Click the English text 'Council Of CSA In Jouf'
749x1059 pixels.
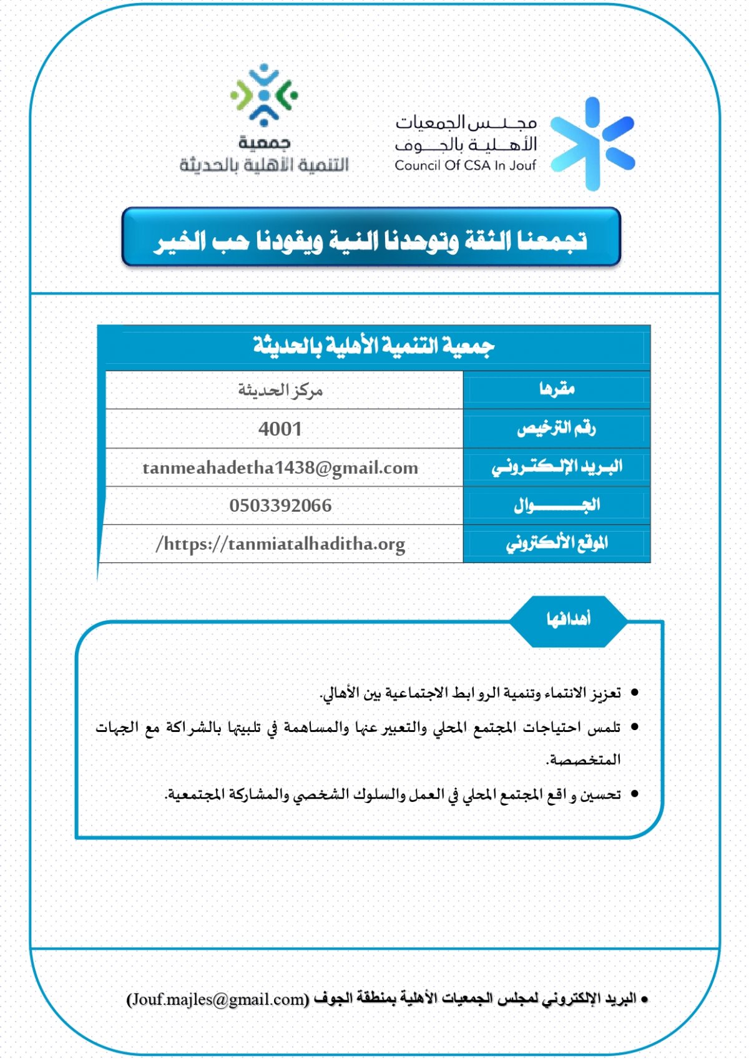point(465,166)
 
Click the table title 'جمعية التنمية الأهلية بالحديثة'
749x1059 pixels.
point(373,346)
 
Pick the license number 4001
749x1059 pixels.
point(280,429)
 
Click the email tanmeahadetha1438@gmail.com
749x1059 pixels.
point(280,468)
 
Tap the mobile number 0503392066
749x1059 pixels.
point(280,505)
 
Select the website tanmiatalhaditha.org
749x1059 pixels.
point(280,544)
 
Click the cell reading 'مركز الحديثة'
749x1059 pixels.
point(280,391)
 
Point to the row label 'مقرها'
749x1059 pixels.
point(557,389)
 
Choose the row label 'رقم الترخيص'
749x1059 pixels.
point(557,428)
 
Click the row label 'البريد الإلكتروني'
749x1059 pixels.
point(557,467)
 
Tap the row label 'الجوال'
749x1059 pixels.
point(557,505)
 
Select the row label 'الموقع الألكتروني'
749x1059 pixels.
point(557,544)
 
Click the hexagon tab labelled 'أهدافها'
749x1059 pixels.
point(568,620)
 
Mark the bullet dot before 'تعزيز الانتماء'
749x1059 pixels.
point(635,693)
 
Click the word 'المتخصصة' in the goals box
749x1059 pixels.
point(584,760)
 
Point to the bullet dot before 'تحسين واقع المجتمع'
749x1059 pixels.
point(635,794)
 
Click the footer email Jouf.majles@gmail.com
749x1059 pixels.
point(218,999)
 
